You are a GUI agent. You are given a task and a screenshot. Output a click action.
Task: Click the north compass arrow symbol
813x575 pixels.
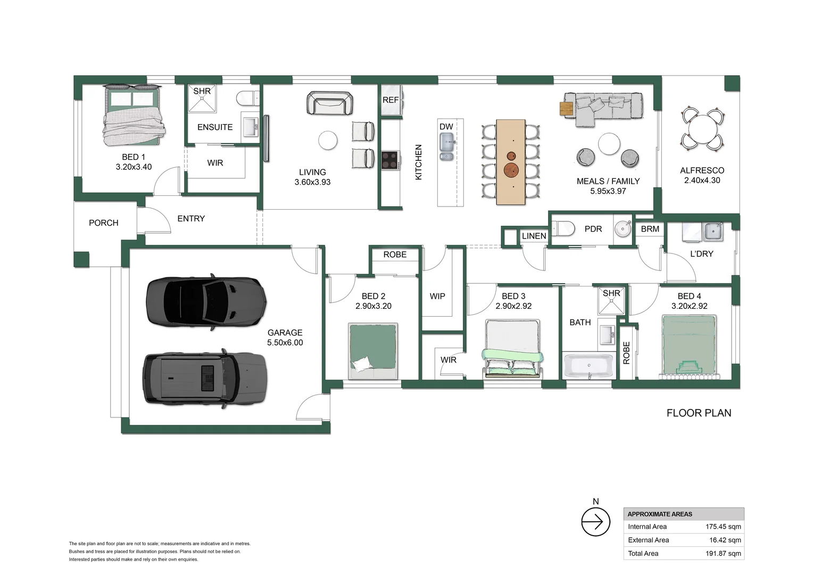coord(595,522)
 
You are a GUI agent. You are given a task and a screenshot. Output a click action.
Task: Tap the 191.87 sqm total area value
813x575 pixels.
coord(724,553)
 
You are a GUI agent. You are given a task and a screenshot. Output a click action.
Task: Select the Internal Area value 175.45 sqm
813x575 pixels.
coord(723,527)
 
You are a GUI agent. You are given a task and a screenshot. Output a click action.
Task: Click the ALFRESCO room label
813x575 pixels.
coord(702,170)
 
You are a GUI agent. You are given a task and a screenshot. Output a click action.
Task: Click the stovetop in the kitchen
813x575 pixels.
coord(390,160)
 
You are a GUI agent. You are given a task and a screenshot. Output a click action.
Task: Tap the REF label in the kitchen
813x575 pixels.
coord(391,100)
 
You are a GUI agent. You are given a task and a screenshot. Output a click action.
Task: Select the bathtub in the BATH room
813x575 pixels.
coord(588,366)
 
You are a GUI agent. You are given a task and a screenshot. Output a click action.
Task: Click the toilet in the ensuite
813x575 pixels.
coord(248,98)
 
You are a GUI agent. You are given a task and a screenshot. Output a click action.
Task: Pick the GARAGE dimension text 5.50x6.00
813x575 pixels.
coord(285,343)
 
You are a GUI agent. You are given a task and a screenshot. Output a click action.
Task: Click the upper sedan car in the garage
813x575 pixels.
coord(206,301)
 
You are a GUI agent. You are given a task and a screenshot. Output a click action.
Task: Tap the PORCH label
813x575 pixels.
coord(103,223)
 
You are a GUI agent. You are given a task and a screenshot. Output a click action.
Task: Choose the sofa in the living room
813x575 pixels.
coord(330,103)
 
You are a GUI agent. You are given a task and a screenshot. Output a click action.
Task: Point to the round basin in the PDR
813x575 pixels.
coord(623,229)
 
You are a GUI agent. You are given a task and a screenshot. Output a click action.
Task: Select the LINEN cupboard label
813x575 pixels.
coord(534,236)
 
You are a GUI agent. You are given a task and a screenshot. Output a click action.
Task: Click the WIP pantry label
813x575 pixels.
coord(437,296)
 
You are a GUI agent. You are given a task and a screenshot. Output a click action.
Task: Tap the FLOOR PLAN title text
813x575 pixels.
coord(699,413)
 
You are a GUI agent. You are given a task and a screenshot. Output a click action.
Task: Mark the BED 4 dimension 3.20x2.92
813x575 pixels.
coord(689,306)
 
